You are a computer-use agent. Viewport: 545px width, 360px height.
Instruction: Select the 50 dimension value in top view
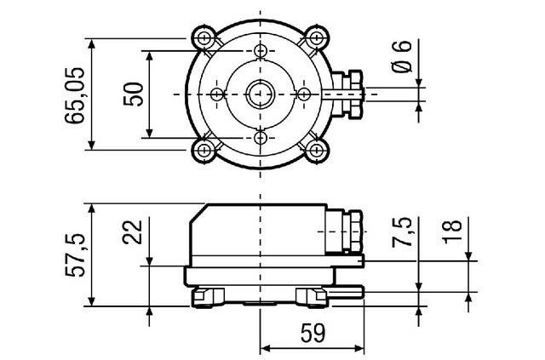pyautogui.click(x=134, y=93)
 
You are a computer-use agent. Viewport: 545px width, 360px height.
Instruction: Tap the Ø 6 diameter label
pyautogui.click(x=403, y=56)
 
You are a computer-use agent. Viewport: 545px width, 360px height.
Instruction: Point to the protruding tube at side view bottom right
pyautogui.click(x=345, y=293)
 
